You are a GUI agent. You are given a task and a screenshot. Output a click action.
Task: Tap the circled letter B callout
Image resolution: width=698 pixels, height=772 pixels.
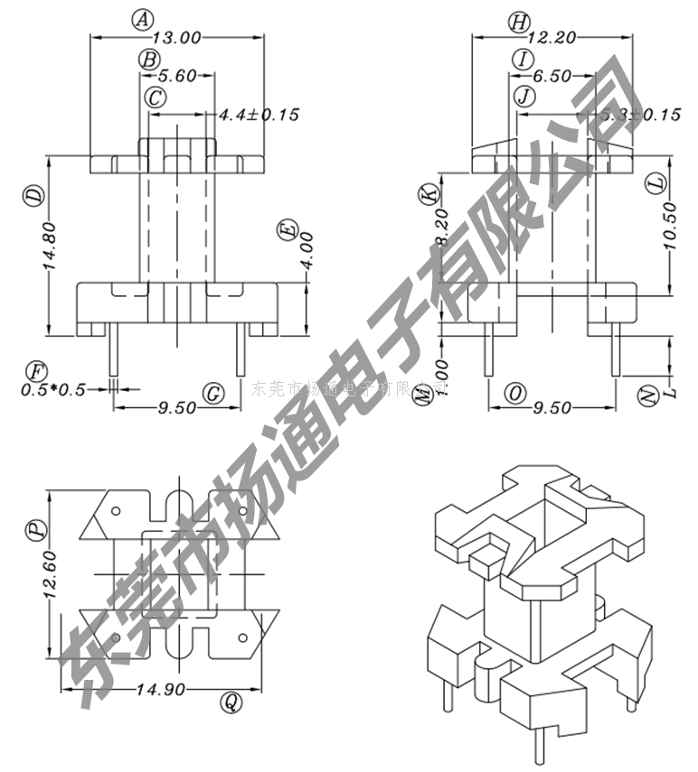pyautogui.click(x=149, y=60)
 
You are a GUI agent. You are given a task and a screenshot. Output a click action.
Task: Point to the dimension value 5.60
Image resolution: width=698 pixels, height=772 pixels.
pyautogui.click(x=178, y=77)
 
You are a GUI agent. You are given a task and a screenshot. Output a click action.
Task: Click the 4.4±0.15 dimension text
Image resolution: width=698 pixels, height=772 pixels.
pyautogui.click(x=259, y=115)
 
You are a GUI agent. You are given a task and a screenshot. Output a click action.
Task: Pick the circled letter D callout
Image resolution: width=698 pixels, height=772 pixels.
pyautogui.click(x=33, y=195)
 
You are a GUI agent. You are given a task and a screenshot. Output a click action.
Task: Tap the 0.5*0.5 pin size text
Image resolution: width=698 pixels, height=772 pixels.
pyautogui.click(x=54, y=390)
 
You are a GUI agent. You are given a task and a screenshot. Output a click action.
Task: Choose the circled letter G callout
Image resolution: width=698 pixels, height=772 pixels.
pyautogui.click(x=213, y=394)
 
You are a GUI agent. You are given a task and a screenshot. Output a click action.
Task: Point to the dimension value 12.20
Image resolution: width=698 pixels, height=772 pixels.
pyautogui.click(x=552, y=38)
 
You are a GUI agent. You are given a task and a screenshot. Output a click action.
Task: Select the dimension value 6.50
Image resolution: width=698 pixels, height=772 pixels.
pyautogui.click(x=552, y=77)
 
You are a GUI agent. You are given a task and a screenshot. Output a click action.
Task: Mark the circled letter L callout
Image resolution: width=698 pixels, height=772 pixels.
pyautogui.click(x=656, y=182)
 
